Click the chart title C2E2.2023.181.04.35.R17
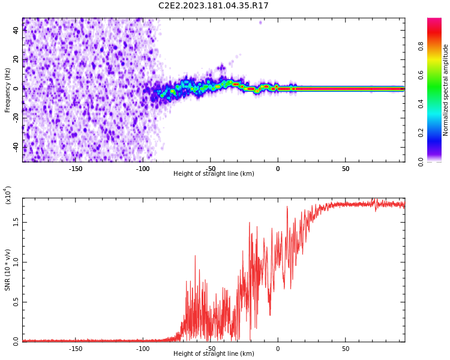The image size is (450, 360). point(213,5)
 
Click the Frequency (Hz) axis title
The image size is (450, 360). point(8,89)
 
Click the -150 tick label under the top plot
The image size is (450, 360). point(76,168)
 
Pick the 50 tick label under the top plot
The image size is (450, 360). point(346,168)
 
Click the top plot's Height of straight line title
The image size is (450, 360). point(214,174)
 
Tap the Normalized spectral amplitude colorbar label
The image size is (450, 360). point(446,90)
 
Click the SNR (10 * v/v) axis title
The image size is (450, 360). point(8,269)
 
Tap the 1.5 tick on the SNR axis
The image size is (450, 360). point(16,222)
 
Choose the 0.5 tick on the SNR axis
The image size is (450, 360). point(16,302)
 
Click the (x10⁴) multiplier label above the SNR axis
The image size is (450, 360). point(8,196)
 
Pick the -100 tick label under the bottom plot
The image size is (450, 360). point(143,348)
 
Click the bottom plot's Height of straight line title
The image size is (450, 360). point(214,354)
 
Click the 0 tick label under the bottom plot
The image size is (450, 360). point(278,348)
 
